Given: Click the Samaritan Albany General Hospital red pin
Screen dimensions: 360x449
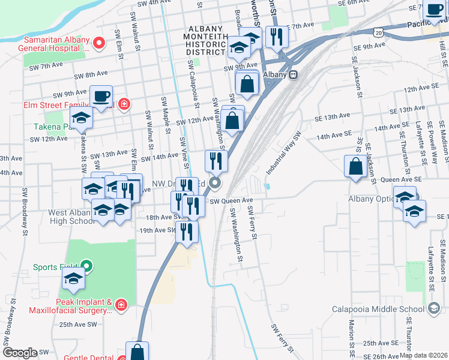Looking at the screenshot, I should pyautogui.click(x=100, y=43).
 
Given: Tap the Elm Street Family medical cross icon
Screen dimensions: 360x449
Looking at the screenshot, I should pyautogui.click(x=124, y=104).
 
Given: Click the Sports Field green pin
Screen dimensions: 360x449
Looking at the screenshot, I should pyautogui.click(x=86, y=267).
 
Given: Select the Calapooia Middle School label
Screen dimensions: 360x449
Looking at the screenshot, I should pyautogui.click(x=378, y=310).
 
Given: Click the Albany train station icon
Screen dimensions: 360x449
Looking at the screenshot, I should pyautogui.click(x=293, y=74).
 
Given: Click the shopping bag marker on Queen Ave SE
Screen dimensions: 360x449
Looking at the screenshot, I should pyautogui.click(x=355, y=166).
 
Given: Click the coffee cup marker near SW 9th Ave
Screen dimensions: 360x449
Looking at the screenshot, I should pyautogui.click(x=101, y=95).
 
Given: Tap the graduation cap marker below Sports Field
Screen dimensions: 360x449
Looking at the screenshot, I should pyautogui.click(x=73, y=278).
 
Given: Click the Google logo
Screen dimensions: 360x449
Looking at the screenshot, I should pyautogui.click(x=20, y=353).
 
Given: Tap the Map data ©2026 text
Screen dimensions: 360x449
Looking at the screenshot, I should pyautogui.click(x=423, y=355).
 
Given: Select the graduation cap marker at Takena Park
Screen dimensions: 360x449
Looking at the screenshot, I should pyautogui.click(x=82, y=118).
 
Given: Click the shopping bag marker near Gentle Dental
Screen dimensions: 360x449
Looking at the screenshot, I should pyautogui.click(x=137, y=351).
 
